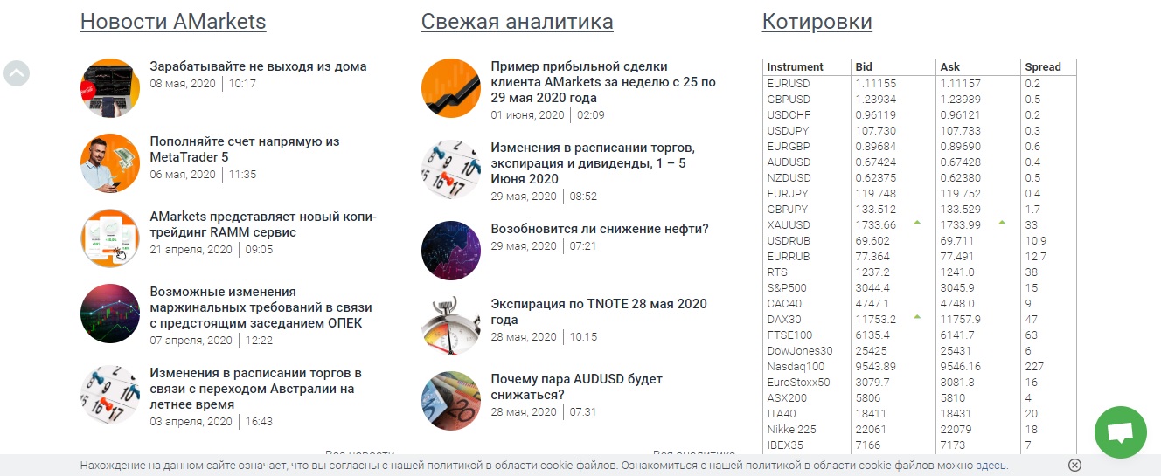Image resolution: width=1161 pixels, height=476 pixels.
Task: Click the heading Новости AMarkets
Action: pos(173,22)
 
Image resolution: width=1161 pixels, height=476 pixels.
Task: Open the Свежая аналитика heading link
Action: pos(517,22)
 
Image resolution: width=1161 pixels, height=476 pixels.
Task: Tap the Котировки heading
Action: pos(817,22)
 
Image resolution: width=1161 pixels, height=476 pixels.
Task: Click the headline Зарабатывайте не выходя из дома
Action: pos(258,66)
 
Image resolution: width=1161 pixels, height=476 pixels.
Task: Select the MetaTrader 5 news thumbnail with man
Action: pos(110,162)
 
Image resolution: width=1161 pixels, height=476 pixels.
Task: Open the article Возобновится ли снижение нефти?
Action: pos(600,229)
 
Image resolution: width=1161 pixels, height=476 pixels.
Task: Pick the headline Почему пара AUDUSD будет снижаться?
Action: pos(576,387)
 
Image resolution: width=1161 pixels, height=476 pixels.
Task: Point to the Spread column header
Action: pos(1043,67)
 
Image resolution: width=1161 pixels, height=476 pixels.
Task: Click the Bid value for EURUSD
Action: pos(876,83)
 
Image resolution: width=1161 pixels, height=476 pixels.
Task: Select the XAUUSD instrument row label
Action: pos(789,224)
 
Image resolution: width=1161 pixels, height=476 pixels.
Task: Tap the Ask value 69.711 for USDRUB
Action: pos(957,240)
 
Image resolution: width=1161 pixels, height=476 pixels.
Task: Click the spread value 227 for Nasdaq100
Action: pos(1034,366)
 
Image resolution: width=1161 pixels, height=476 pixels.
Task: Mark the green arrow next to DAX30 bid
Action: pos(917,317)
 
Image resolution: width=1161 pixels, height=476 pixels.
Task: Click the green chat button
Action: pos(1120,431)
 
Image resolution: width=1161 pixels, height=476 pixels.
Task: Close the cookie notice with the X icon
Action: pos(1075,466)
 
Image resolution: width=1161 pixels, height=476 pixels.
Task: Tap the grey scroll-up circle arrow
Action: pos(17,73)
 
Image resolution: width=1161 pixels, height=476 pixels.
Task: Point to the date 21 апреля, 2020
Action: pos(191,249)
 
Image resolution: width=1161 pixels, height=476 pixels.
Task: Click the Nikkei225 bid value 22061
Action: pos(871,429)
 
